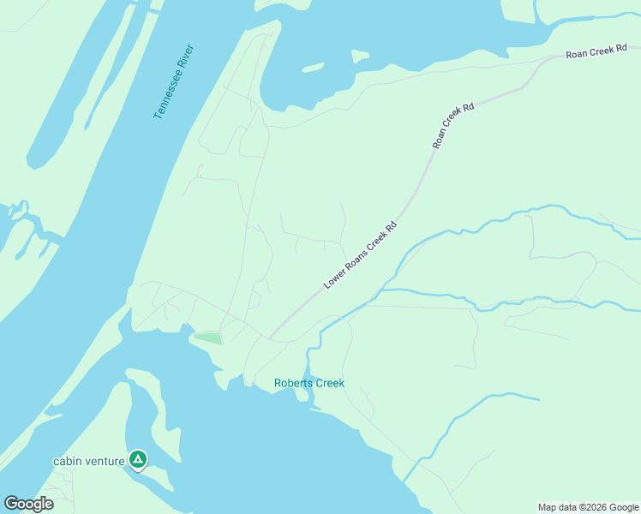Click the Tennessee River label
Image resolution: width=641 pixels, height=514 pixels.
[174, 81]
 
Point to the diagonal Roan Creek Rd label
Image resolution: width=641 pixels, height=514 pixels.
[453, 126]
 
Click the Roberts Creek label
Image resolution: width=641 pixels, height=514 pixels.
[309, 383]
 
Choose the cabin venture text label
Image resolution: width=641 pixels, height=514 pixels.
[89, 461]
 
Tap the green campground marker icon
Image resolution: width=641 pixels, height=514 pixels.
[138, 460]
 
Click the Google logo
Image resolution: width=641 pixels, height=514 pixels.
[28, 503]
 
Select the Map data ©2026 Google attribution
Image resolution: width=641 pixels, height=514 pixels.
[588, 507]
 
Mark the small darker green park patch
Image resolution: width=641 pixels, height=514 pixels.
[209, 338]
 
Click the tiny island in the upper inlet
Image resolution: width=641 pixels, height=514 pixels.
[360, 57]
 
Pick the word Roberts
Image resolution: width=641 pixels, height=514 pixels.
[294, 383]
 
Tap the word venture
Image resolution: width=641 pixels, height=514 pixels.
[105, 461]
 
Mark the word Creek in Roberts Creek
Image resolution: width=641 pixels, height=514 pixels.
[330, 383]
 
